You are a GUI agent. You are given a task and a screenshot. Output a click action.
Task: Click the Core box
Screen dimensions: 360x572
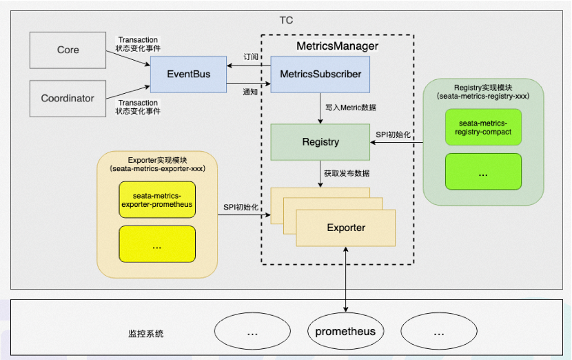tap(68, 50)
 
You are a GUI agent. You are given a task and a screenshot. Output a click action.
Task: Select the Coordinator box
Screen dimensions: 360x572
tap(68, 98)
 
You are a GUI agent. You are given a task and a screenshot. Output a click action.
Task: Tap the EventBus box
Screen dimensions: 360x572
tap(188, 74)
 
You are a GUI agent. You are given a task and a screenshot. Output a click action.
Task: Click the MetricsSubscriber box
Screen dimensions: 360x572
tap(320, 74)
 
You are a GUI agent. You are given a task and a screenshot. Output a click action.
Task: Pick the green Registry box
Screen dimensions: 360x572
tap(320, 142)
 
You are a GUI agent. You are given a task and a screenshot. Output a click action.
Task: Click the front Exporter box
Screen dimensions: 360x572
tap(346, 228)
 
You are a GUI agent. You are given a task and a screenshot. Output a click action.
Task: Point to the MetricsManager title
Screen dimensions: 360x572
tap(337, 46)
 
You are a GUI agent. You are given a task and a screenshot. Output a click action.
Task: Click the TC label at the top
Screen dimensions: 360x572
tap(286, 20)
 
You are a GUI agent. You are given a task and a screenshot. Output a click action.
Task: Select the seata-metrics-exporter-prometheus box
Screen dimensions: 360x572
tap(156, 200)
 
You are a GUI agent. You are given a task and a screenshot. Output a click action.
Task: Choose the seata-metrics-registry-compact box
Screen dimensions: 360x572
tap(482, 127)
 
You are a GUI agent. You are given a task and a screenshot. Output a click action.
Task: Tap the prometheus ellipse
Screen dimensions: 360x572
tap(345, 332)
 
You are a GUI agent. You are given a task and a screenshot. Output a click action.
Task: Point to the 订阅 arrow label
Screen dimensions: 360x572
tap(250, 57)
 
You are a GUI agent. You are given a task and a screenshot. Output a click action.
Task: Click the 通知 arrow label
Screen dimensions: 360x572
tap(250, 92)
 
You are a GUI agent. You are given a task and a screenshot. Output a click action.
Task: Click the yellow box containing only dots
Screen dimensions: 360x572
tap(156, 245)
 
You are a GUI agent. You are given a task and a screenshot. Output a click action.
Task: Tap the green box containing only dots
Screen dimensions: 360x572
tap(482, 172)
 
